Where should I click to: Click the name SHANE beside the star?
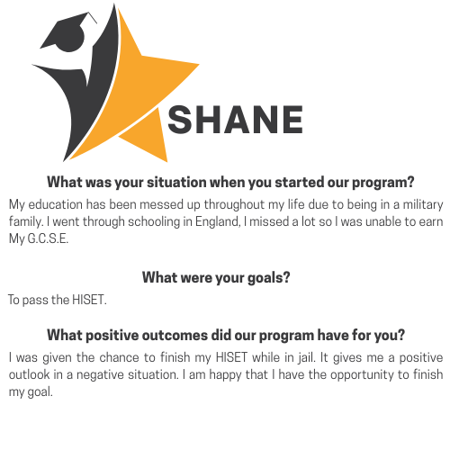[x=235, y=120]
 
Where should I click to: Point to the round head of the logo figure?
[x=72, y=39]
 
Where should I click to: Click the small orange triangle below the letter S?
[x=147, y=136]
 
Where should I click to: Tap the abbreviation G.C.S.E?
[x=48, y=238]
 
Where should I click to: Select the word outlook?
[x=29, y=374]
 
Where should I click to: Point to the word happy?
[x=225, y=375]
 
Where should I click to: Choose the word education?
[x=55, y=204]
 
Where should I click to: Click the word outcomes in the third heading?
[x=175, y=335]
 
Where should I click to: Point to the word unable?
[x=382, y=222]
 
